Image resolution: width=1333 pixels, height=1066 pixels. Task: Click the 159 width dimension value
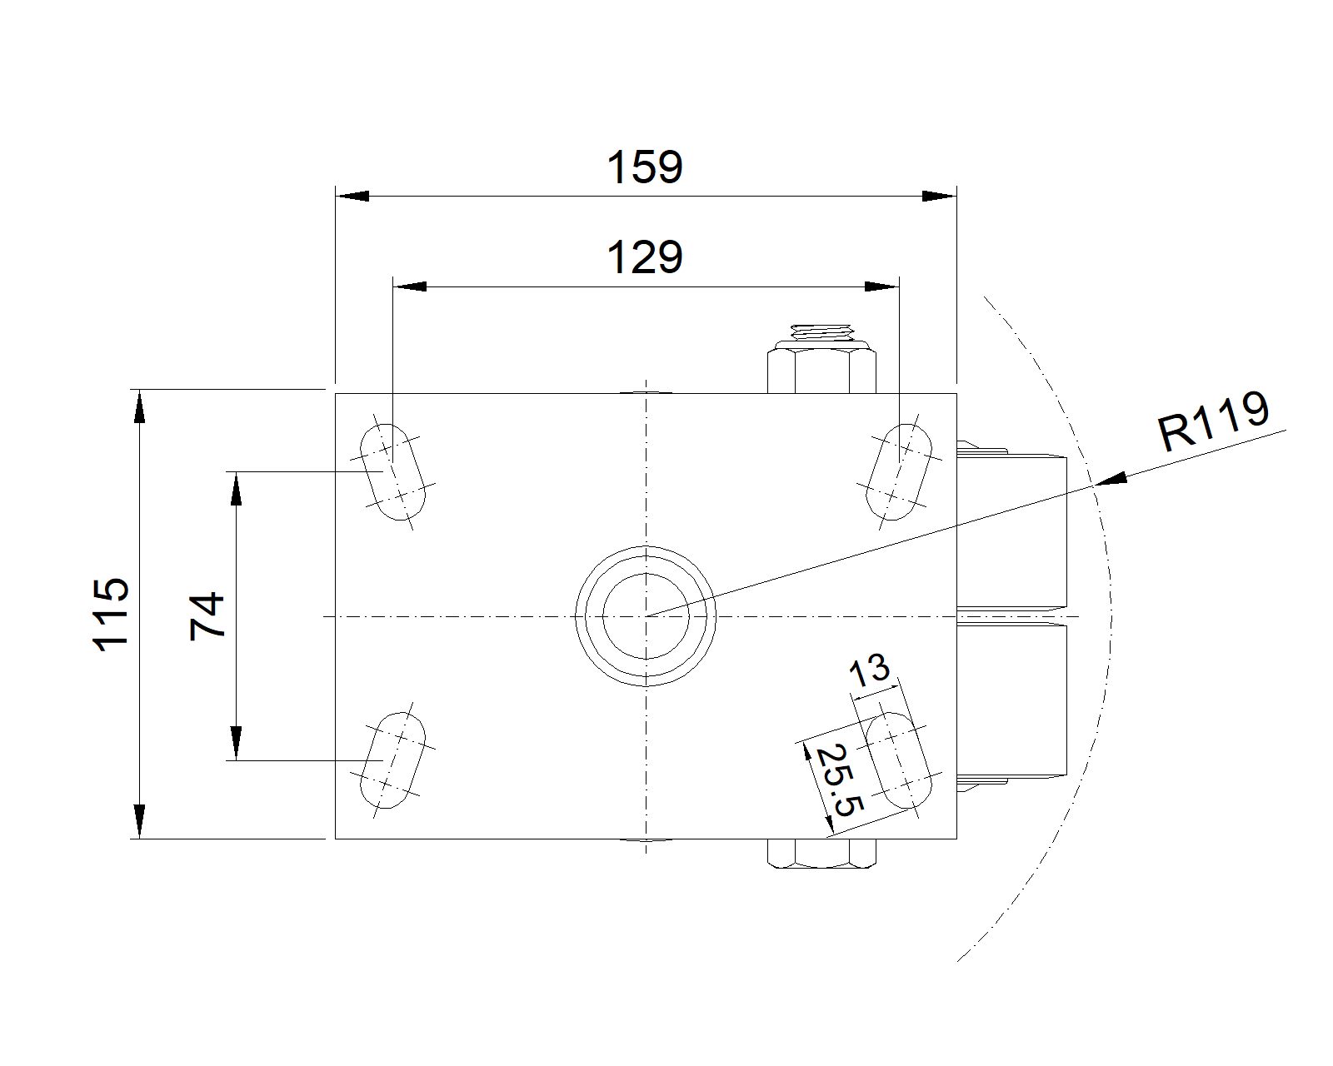click(644, 167)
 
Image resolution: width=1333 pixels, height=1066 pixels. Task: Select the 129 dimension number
click(644, 257)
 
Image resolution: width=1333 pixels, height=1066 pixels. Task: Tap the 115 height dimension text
click(111, 615)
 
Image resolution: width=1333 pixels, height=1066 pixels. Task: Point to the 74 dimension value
click(207, 615)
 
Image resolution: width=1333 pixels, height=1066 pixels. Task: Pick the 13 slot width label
click(869, 670)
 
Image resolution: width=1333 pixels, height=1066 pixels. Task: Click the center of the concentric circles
click(646, 616)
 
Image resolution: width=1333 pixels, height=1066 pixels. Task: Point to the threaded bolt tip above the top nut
click(821, 332)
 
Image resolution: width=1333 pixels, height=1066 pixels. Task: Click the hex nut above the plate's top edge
click(821, 371)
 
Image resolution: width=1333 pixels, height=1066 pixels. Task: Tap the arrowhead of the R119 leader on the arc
click(1111, 479)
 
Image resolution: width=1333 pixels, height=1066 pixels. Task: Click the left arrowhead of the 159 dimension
click(352, 197)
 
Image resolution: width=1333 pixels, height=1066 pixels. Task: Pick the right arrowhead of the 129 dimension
click(882, 286)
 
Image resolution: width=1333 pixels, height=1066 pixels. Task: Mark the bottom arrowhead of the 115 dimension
click(139, 822)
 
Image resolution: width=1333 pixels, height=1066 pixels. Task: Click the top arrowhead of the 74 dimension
click(236, 489)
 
